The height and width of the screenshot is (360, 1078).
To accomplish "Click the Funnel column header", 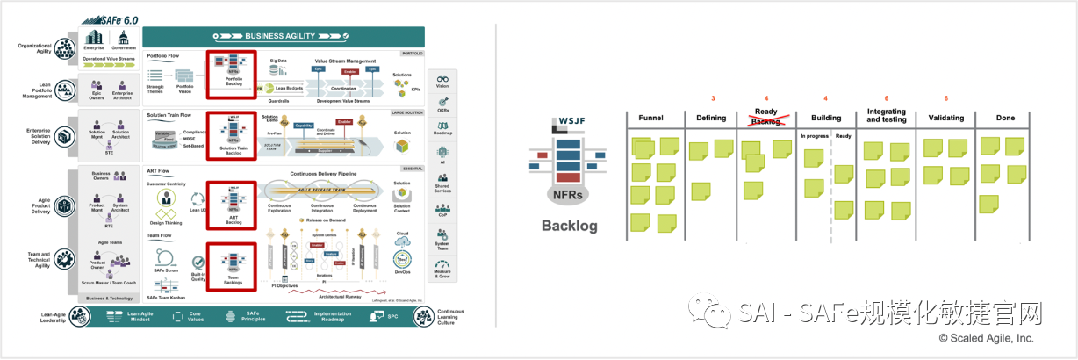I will (651, 118).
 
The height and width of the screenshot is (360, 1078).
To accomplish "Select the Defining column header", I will (711, 118).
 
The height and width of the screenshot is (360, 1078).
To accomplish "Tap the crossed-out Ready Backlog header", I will (766, 117).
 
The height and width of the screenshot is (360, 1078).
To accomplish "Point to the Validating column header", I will (945, 118).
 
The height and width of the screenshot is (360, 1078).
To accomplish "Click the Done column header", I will (1005, 118).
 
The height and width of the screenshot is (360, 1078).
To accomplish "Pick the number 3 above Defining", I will (713, 98).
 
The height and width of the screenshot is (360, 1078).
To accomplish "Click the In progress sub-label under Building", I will (814, 136).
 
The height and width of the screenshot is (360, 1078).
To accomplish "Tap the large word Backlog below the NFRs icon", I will (569, 226).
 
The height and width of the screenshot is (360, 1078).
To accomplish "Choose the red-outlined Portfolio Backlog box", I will (233, 73).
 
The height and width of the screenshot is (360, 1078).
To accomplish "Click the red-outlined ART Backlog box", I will (233, 204).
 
